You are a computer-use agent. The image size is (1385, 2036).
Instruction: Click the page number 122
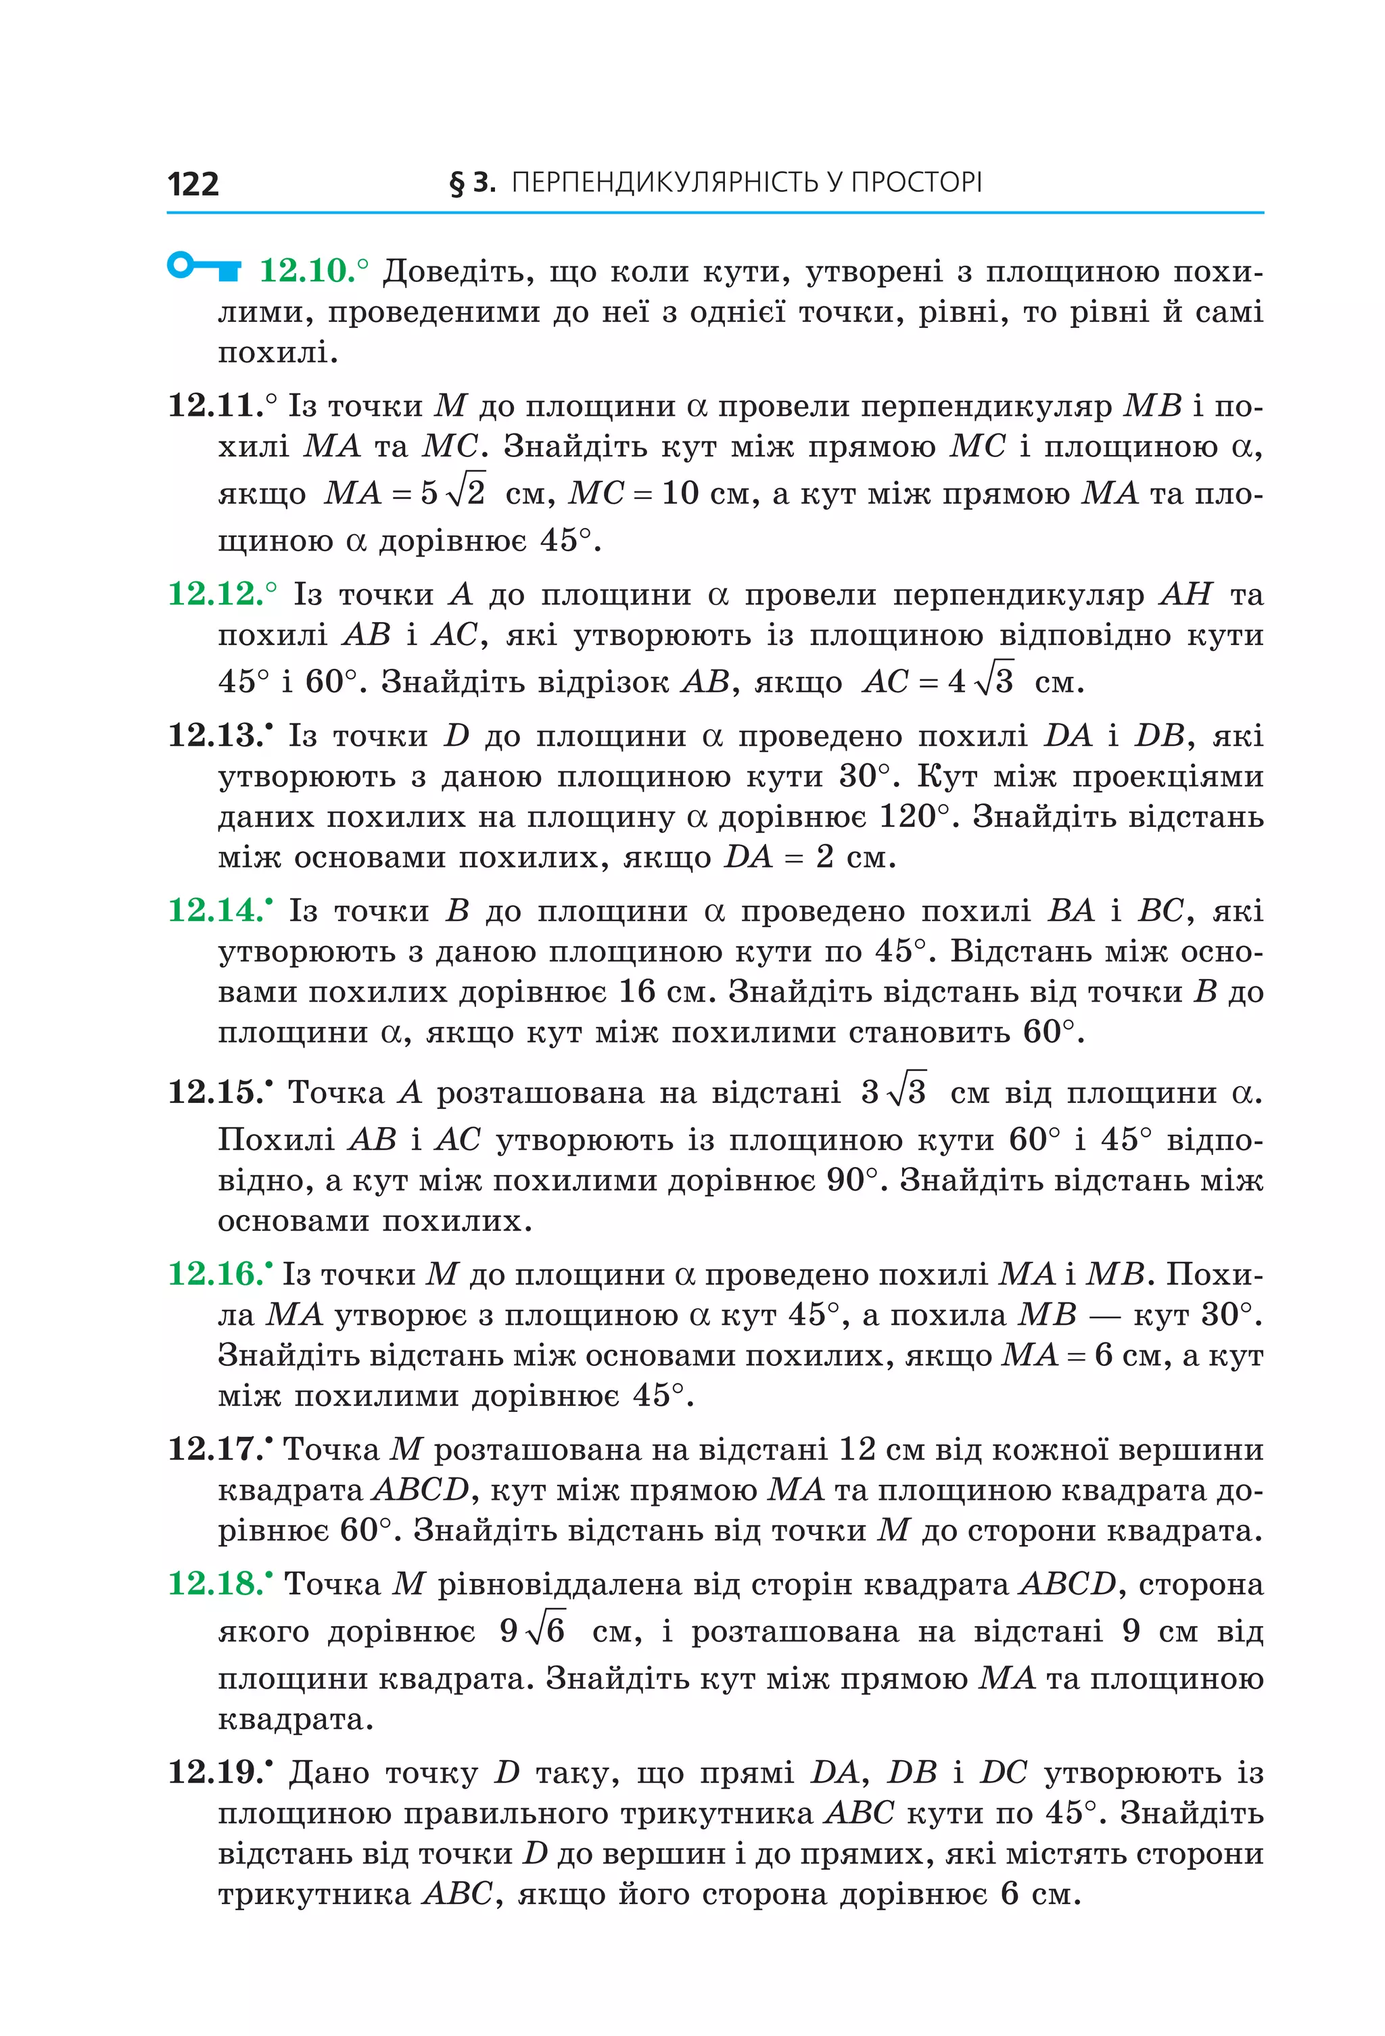[x=193, y=184]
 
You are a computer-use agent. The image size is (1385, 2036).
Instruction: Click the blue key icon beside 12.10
[x=204, y=266]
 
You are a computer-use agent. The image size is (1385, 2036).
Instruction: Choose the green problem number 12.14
[x=216, y=910]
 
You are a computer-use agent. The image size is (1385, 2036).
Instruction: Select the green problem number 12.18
[x=216, y=1583]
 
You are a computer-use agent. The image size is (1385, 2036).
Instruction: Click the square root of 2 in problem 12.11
[x=465, y=492]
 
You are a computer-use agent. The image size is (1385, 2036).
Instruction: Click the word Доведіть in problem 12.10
[x=458, y=272]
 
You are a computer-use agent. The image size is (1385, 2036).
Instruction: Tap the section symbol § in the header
[x=456, y=183]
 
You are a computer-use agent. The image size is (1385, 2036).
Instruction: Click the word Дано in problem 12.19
[x=329, y=1773]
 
